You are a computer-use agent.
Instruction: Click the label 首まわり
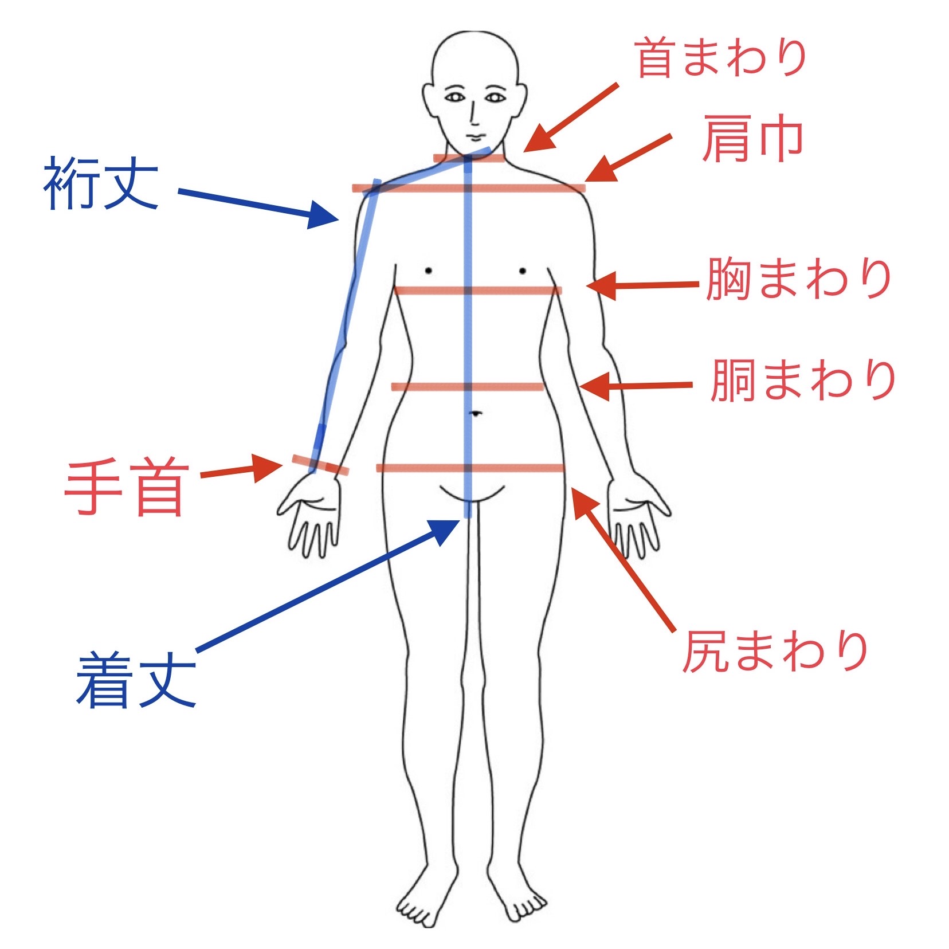(721, 57)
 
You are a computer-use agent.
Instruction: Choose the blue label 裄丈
(101, 183)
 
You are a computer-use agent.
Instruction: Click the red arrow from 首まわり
(571, 118)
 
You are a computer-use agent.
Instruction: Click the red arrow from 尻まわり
(623, 558)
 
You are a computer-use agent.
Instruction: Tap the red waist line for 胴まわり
(468, 387)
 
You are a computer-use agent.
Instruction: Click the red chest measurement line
(478, 291)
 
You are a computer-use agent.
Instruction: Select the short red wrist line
(320, 465)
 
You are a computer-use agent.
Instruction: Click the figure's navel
(475, 412)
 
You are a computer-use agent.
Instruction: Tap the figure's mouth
(475, 136)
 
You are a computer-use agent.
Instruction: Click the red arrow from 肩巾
(628, 158)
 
